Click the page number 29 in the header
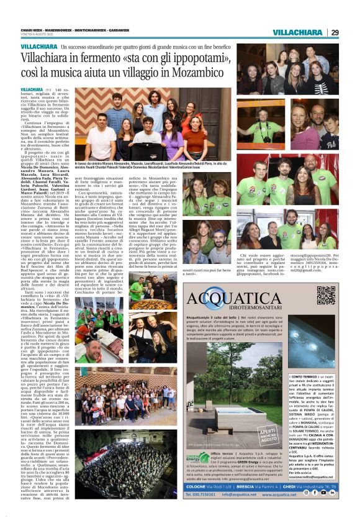(335, 32)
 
